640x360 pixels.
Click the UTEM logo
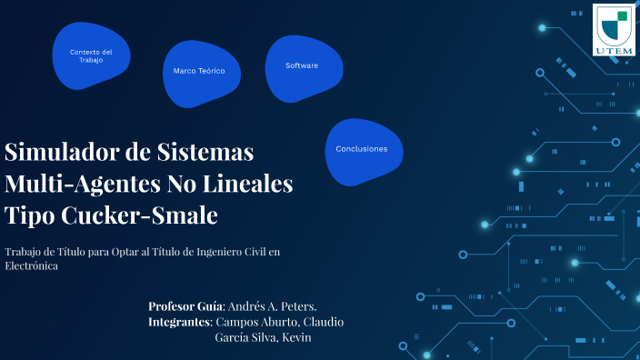tap(615, 29)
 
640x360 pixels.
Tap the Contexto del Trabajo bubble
tap(91, 56)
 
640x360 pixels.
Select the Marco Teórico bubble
tap(193, 70)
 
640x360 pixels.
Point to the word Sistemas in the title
tap(208, 151)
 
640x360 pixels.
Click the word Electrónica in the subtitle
tap(31, 266)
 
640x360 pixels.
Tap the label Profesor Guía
tap(185, 306)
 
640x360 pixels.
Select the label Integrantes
tap(179, 322)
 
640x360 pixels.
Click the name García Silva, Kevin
tap(263, 337)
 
